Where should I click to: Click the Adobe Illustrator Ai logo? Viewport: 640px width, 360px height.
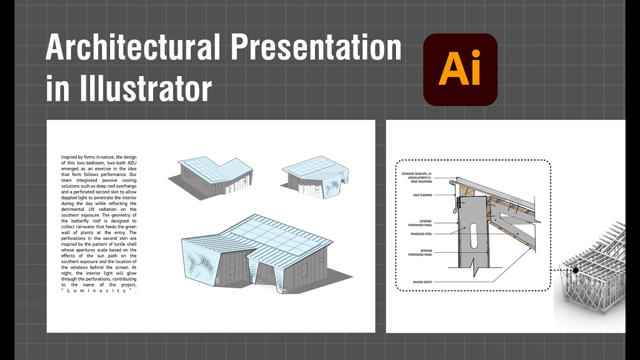point(460,69)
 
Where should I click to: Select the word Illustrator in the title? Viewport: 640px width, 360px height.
point(145,88)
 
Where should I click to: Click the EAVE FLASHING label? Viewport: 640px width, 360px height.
point(422,195)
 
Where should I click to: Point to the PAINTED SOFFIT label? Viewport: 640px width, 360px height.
point(422,282)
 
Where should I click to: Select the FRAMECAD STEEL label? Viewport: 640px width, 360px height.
point(421,233)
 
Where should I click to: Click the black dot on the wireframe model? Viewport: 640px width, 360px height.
point(575,270)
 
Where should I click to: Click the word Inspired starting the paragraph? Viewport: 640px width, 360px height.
point(70,157)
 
